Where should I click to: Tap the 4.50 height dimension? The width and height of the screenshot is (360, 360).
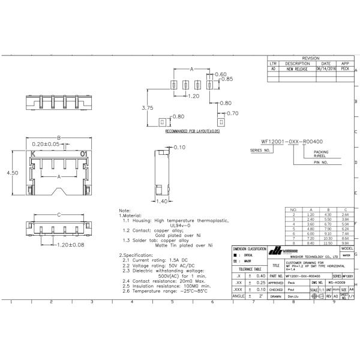[11, 172]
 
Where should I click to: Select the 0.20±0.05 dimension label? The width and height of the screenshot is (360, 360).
[45, 145]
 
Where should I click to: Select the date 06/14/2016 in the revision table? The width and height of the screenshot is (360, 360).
[326, 69]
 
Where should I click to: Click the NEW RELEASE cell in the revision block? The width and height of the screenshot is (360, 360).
[297, 69]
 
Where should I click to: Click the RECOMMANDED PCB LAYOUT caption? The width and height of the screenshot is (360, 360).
[192, 130]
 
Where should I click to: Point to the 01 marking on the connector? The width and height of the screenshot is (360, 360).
[83, 154]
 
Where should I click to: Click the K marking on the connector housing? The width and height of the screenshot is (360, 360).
[33, 154]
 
